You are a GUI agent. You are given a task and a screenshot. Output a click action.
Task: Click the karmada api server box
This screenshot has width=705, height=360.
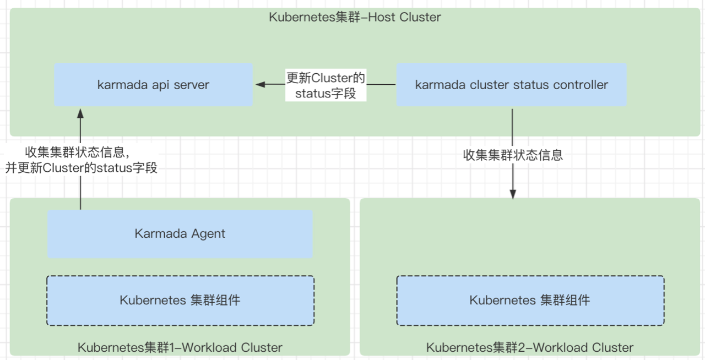click(153, 85)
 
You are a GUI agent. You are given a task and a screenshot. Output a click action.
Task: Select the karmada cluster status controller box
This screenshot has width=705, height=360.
click(511, 85)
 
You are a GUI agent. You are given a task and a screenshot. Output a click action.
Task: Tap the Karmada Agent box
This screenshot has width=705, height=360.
click(180, 234)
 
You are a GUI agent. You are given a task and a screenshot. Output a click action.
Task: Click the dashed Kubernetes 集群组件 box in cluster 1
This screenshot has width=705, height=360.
click(180, 301)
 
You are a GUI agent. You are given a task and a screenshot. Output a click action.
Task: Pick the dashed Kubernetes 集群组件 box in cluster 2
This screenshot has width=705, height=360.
click(530, 301)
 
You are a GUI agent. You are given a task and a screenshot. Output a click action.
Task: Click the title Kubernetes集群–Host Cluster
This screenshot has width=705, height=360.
click(355, 17)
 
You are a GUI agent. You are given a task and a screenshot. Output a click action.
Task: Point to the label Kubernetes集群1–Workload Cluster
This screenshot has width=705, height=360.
click(180, 347)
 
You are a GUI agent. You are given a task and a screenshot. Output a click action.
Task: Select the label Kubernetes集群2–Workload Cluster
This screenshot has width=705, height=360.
click(530, 347)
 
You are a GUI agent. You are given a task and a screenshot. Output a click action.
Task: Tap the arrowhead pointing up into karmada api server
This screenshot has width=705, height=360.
click(80, 113)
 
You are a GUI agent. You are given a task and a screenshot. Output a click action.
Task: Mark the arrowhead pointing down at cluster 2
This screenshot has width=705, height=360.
click(513, 193)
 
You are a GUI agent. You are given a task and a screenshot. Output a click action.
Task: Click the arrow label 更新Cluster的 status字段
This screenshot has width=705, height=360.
click(326, 85)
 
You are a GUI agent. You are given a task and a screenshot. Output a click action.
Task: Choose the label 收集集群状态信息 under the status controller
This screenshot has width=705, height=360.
click(513, 155)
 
